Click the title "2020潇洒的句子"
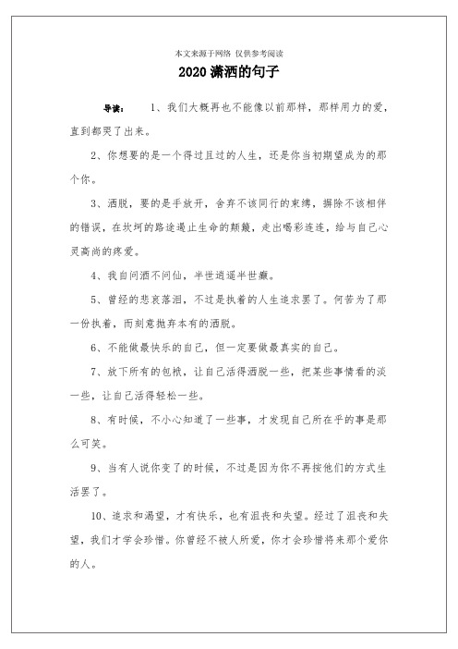pyautogui.click(x=228, y=71)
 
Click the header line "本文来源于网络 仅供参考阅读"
pyautogui.click(x=228, y=53)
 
